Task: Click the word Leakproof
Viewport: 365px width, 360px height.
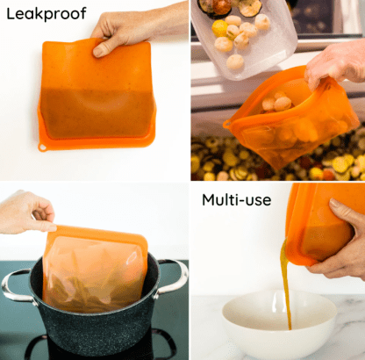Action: tap(47, 14)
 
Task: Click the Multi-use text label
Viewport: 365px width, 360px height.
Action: tap(236, 200)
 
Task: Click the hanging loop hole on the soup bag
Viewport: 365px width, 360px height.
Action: tap(43, 147)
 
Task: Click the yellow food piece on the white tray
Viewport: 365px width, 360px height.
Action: tap(219, 28)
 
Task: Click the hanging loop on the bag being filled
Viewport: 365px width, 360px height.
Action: tap(227, 124)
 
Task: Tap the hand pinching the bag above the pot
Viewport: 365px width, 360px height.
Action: tap(28, 212)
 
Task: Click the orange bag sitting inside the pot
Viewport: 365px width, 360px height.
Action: tap(95, 270)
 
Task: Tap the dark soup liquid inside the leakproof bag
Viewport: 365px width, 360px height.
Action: tap(97, 112)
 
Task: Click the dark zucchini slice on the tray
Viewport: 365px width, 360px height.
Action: tap(249, 7)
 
